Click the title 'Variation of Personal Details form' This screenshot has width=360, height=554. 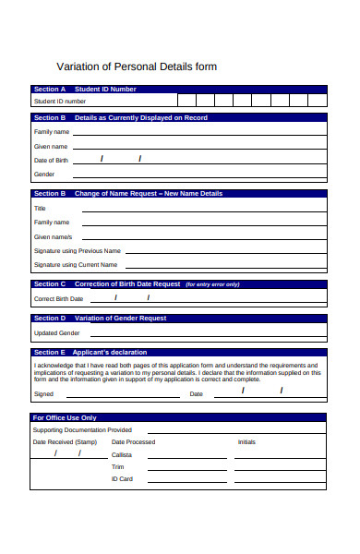[x=137, y=66]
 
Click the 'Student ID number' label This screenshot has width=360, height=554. [x=60, y=101]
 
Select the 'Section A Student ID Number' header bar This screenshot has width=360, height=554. [x=178, y=90]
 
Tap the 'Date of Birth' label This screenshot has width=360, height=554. [x=52, y=161]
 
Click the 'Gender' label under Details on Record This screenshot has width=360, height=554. [x=44, y=174]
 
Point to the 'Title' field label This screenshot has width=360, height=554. [x=40, y=209]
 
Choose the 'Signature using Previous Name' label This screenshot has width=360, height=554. [x=78, y=250]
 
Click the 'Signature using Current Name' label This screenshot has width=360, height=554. [x=77, y=264]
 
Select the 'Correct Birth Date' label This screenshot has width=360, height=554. [x=58, y=299]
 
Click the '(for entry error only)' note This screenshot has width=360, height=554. [x=212, y=284]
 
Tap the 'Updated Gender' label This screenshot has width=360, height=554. [x=51, y=332]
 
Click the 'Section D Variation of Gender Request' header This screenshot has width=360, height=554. [x=178, y=319]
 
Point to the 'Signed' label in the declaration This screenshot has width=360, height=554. [x=43, y=394]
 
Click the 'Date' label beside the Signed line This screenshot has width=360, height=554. [x=196, y=394]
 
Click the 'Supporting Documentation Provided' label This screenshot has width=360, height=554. [x=82, y=429]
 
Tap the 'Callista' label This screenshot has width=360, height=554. [x=122, y=454]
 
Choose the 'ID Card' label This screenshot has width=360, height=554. [x=122, y=478]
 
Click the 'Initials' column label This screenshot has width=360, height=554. [x=246, y=442]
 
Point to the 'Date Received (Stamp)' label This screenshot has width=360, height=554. [x=65, y=442]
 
